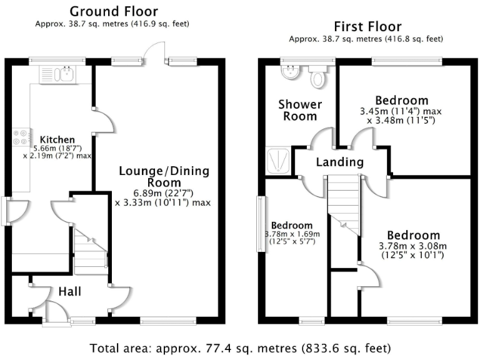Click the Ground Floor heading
[113, 11]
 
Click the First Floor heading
[367, 26]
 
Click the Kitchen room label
[57, 139]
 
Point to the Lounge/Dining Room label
[164, 177]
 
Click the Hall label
[69, 291]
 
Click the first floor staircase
[344, 204]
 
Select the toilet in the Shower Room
[320, 78]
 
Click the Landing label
[339, 162]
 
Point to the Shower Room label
[300, 110]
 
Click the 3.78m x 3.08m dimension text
[412, 246]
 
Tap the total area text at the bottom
[240, 347]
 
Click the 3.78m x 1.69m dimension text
[292, 234]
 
